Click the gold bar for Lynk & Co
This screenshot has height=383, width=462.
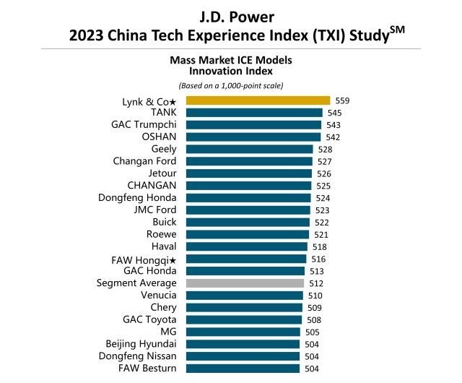[258, 100]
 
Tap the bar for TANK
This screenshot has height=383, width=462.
[254, 113]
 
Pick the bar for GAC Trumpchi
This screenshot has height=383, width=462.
[253, 125]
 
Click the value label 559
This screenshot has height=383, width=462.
[343, 101]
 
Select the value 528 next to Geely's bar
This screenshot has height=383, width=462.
[325, 150]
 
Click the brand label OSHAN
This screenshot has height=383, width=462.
[160, 137]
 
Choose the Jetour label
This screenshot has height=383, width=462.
[162, 173]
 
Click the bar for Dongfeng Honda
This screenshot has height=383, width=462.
[248, 198]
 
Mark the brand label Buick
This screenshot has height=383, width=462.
[165, 222]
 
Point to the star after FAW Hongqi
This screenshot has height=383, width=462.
[173, 259]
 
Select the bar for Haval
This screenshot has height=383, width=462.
[246, 246]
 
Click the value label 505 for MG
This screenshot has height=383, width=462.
[311, 332]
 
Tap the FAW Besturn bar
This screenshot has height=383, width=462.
[243, 369]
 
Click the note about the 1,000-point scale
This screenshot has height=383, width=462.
[231, 86]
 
